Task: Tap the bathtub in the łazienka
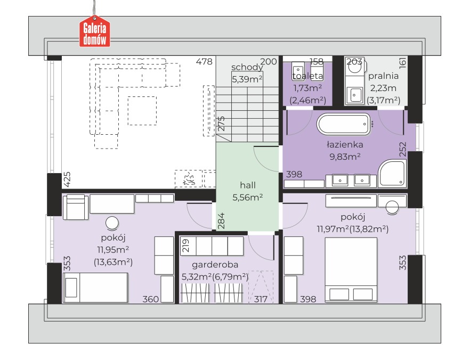click(x=344, y=124)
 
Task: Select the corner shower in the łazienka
click(x=392, y=174)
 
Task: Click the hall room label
click(x=248, y=185)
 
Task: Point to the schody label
click(x=247, y=68)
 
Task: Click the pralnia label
click(x=383, y=76)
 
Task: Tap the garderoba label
click(x=215, y=265)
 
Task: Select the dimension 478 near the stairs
click(x=204, y=61)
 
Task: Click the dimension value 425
click(x=67, y=179)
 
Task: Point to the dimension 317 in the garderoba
click(x=260, y=299)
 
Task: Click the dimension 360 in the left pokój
click(x=150, y=299)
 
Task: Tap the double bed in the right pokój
click(x=351, y=269)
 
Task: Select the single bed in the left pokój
click(x=95, y=288)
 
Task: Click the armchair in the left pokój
click(x=76, y=207)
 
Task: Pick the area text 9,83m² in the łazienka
click(x=345, y=157)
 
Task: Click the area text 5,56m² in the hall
click(x=248, y=197)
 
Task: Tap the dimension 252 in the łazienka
click(x=402, y=150)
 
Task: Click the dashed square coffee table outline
click(x=142, y=111)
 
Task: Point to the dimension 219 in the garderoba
click(x=185, y=246)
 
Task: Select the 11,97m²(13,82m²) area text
click(x=353, y=229)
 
